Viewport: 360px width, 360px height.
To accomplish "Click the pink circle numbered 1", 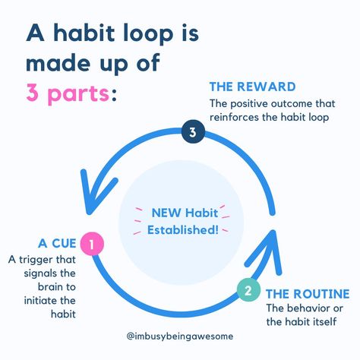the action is tap(92, 244).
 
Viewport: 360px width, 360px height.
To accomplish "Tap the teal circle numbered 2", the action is tap(248, 290).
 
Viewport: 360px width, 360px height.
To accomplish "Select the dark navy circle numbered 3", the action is tap(193, 132).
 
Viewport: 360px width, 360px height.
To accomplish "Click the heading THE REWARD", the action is tap(252, 87).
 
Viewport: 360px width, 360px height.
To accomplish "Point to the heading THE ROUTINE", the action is tap(308, 294).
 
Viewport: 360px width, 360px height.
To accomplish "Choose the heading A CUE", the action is tap(57, 244).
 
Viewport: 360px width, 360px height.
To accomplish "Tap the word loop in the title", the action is tap(148, 33).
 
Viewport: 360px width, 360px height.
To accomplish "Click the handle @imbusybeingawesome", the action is tap(180, 336).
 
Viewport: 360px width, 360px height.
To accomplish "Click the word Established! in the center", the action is tap(183, 230).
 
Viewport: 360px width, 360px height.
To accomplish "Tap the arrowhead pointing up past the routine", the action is tap(273, 231).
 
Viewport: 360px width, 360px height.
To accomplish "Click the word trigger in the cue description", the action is tap(35, 260).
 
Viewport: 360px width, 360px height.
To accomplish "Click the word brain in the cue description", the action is tap(49, 287).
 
